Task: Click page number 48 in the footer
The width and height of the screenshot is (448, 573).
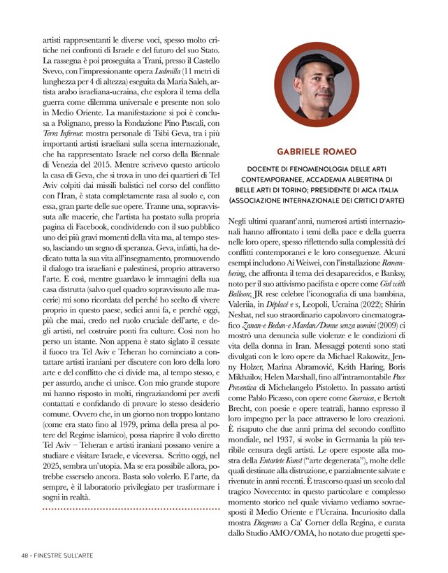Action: point(24,556)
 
